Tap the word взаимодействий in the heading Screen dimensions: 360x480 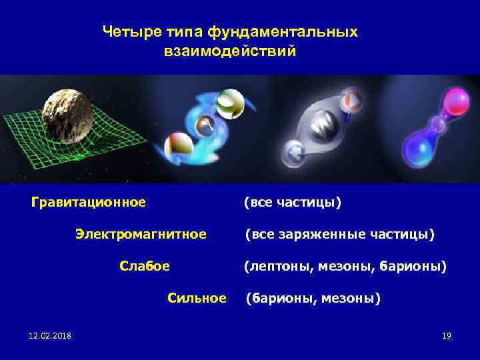click(x=229, y=51)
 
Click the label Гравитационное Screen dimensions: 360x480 click(x=89, y=201)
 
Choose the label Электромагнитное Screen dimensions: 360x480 click(x=141, y=234)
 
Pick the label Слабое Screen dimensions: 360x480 click(x=144, y=266)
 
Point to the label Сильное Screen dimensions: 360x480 click(x=197, y=298)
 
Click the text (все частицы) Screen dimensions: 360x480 click(x=292, y=201)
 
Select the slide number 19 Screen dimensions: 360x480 click(x=447, y=335)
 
